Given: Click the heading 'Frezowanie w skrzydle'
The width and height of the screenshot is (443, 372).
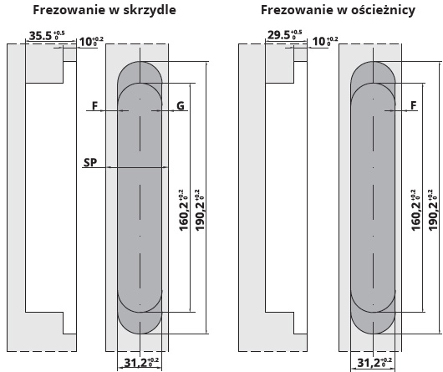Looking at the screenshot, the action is click(x=104, y=10).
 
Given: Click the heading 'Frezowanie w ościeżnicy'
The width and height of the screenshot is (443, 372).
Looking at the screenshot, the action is click(x=338, y=10).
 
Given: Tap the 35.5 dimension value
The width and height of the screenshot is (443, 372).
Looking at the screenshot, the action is click(x=40, y=36).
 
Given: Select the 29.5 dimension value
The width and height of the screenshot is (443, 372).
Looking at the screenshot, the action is click(x=278, y=35).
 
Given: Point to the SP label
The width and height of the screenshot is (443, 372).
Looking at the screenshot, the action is click(x=90, y=162).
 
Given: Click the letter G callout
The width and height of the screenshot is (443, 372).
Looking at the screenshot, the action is click(x=181, y=105).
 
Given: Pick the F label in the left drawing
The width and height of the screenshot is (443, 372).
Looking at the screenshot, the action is click(x=95, y=105).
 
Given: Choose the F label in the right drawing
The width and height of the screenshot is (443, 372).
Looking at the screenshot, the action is click(x=414, y=105).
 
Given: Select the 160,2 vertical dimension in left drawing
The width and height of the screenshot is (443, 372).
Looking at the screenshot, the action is click(x=184, y=211).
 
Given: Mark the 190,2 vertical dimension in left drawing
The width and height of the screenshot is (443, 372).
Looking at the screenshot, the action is click(x=201, y=211).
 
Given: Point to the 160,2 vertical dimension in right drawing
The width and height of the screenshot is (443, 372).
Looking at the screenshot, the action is click(x=417, y=211).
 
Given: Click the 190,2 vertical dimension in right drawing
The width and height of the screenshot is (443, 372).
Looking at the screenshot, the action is click(x=434, y=211).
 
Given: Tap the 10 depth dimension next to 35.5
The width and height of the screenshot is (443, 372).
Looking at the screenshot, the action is click(x=91, y=42).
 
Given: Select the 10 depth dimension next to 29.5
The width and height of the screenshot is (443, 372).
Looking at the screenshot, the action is click(x=325, y=42).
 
